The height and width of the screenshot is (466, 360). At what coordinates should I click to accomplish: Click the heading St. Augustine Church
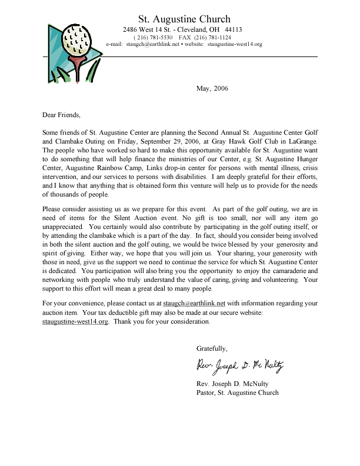184,19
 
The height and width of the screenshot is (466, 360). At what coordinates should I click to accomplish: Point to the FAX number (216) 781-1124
214,37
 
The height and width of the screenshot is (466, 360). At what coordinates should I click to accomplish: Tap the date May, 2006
211,89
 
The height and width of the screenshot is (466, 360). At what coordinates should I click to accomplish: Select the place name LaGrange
302,142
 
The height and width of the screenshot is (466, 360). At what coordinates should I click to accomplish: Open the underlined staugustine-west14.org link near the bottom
75,322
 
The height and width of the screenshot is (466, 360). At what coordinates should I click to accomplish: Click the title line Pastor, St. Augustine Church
237,392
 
